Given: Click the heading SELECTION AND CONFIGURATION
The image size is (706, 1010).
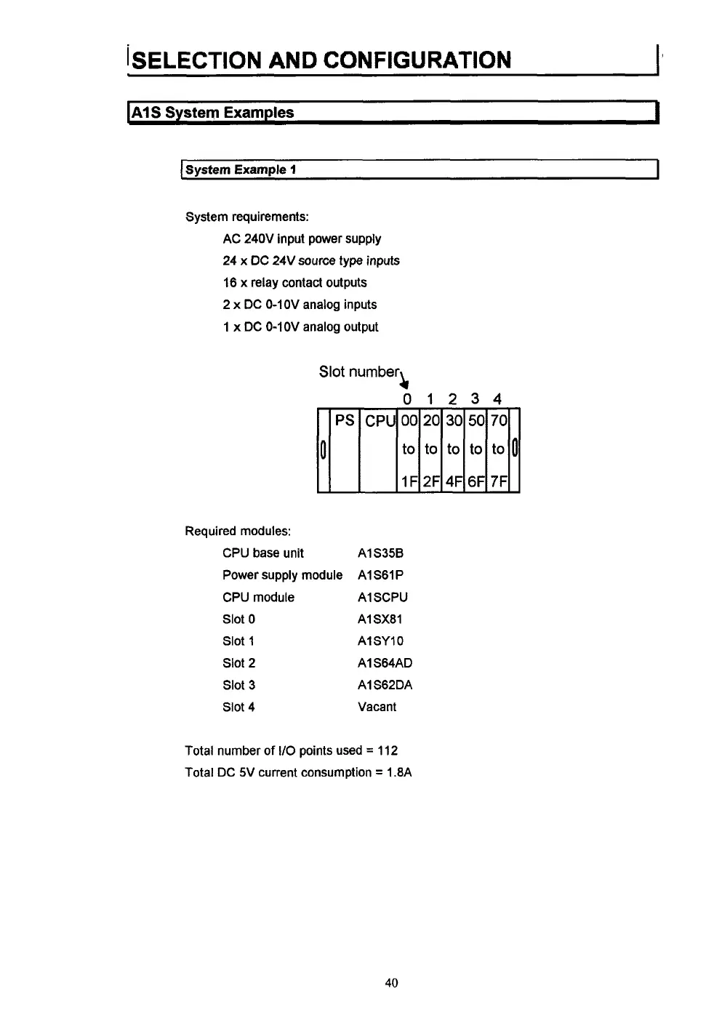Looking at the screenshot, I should (x=320, y=60).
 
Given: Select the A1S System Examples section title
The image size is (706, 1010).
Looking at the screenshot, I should (x=212, y=113).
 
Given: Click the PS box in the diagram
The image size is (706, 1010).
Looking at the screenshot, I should (x=345, y=421).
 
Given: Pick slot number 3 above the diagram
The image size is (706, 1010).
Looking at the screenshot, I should (x=475, y=398).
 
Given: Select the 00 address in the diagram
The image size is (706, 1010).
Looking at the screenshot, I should (x=409, y=421).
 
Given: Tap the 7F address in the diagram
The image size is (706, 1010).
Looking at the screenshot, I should (x=498, y=481).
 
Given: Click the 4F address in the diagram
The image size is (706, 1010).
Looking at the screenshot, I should (x=454, y=481).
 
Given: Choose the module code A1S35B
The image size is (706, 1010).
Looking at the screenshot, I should (x=380, y=553).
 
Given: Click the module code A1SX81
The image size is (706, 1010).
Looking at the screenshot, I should (x=380, y=620).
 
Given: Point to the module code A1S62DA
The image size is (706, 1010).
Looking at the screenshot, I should (x=385, y=685).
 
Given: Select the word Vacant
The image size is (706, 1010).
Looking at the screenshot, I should (x=377, y=707).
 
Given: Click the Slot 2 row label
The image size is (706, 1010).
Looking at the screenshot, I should (x=238, y=663).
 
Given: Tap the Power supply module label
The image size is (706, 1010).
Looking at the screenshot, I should (x=282, y=575).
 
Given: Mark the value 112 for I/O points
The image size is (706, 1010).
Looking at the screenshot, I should (x=388, y=750).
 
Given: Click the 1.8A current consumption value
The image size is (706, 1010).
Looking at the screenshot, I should (x=399, y=772).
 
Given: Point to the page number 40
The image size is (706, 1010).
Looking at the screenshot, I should (x=391, y=983).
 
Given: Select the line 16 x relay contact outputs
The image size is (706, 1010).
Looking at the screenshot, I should (x=294, y=283).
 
